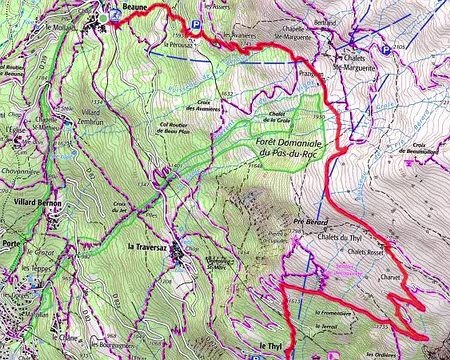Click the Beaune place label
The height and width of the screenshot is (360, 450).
click(x=133, y=7)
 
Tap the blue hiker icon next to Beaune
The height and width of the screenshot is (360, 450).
click(x=116, y=14)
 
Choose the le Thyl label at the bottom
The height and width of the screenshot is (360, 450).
click(x=270, y=346)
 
